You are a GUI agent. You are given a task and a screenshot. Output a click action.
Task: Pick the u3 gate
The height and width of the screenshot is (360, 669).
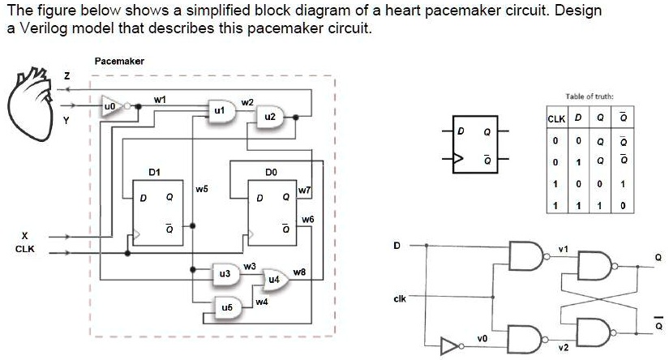(225, 274)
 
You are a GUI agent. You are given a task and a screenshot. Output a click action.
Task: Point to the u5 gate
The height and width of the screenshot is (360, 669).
(227, 309)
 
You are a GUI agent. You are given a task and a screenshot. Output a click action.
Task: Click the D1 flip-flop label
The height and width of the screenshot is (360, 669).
(154, 172)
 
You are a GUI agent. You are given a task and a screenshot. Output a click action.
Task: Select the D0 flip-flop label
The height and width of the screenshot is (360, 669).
(272, 172)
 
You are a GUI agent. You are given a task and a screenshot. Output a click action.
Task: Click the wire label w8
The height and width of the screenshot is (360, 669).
(298, 271)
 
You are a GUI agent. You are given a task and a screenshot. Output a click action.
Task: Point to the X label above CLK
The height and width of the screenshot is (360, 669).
(24, 235)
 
